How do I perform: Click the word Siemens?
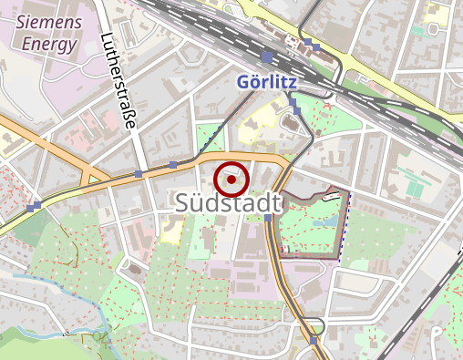point(49,21)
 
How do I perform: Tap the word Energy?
point(50,42)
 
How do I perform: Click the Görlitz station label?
point(269,80)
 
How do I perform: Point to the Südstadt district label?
point(224,204)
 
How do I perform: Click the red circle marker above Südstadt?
point(232,180)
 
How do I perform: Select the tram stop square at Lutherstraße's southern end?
point(138,173)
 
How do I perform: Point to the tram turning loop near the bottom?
point(314,324)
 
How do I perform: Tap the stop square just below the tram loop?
point(314,340)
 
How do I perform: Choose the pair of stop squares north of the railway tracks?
point(313,43)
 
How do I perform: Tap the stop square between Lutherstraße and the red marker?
point(173,165)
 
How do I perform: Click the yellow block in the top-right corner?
point(438,14)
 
